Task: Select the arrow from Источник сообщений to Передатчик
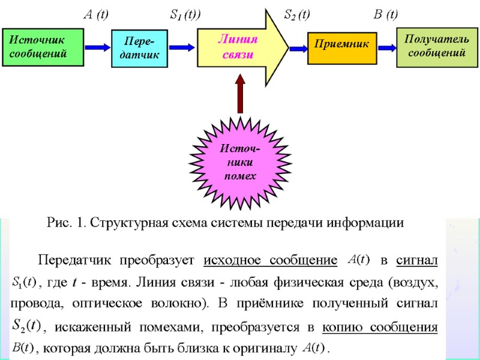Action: coord(98,47)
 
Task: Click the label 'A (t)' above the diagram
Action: coord(95,14)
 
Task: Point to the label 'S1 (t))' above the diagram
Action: coord(185,14)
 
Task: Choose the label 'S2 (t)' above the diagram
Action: coord(296,14)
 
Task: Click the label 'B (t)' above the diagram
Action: coord(385,14)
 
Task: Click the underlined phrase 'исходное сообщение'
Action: coord(269,261)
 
